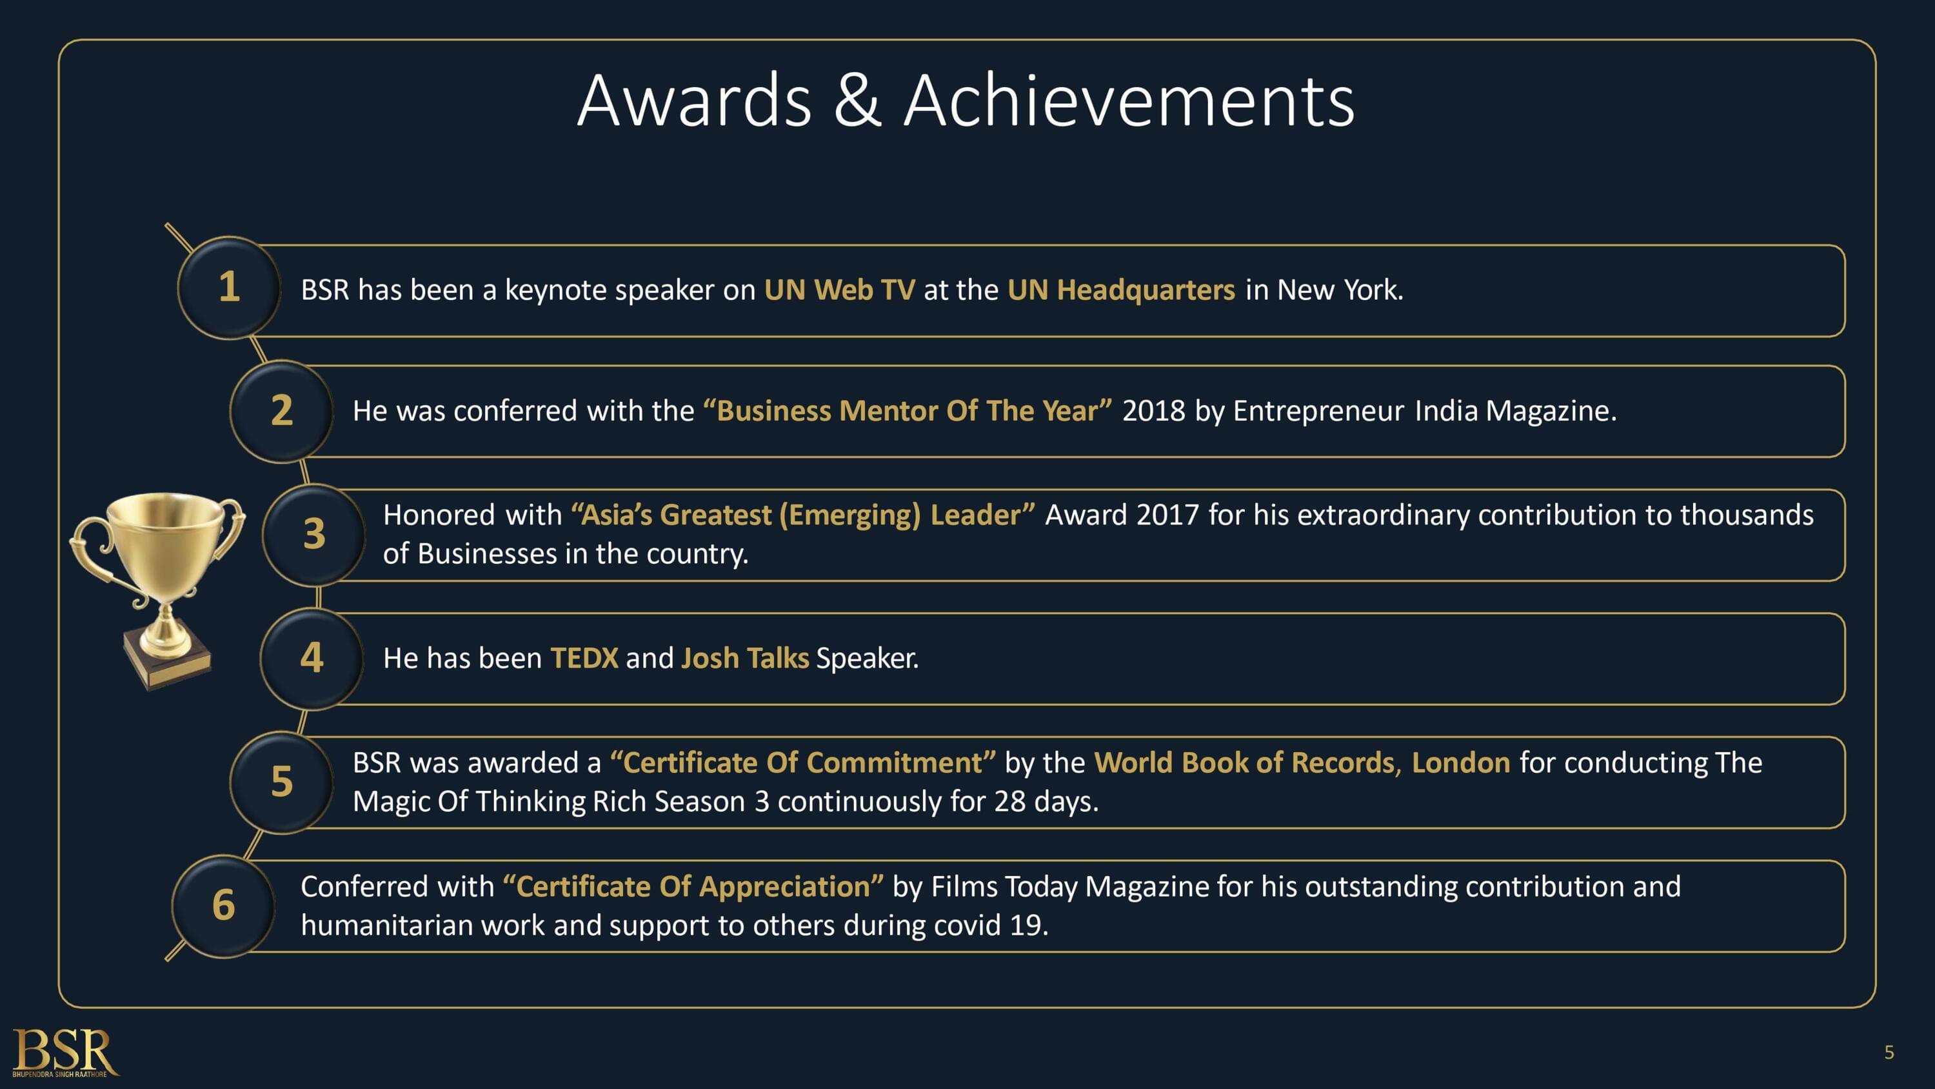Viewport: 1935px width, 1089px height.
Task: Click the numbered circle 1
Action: click(x=229, y=288)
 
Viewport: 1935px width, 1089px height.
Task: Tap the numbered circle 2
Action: click(x=282, y=411)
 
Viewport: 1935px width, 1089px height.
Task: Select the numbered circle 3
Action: click(x=314, y=535)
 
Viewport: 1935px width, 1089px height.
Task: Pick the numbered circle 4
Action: click(x=312, y=658)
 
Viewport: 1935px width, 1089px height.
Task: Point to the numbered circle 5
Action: click(x=282, y=782)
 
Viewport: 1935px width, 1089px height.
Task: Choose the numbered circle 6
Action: click(x=224, y=906)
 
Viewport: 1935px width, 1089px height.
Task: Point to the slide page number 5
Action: click(x=1889, y=1052)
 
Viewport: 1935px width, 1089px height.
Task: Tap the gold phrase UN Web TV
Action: click(x=839, y=290)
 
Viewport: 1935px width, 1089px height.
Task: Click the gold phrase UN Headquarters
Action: click(x=1121, y=290)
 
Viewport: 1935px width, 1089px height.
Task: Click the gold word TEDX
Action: click(x=584, y=658)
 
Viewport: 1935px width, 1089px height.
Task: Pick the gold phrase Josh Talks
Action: click(x=744, y=658)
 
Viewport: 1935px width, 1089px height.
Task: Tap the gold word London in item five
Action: click(x=1460, y=763)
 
